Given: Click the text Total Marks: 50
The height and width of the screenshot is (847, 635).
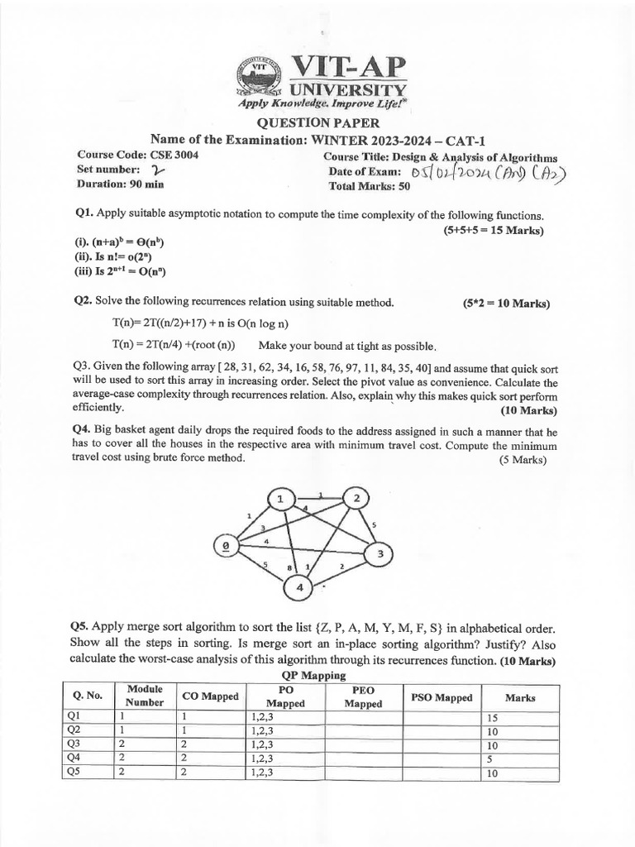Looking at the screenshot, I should [x=370, y=186].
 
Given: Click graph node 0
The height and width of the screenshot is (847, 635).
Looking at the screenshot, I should [x=223, y=546].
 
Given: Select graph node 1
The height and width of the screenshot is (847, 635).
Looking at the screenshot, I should [x=281, y=500].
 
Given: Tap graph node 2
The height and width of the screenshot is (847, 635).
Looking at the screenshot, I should [x=357, y=498].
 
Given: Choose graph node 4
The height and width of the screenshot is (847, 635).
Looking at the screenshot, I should [x=299, y=587].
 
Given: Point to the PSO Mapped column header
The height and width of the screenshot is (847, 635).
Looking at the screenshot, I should [x=442, y=697].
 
